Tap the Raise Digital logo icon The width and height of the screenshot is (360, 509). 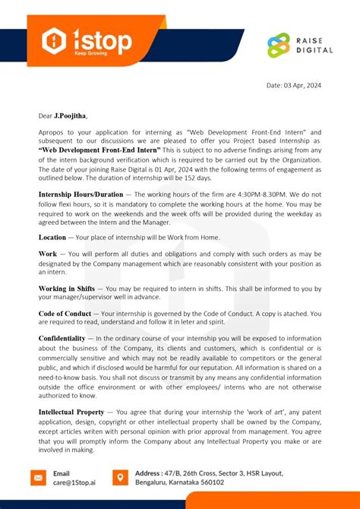click(x=279, y=46)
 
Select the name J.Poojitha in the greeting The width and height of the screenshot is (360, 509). click(x=70, y=115)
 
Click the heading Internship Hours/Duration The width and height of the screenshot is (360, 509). click(x=81, y=194)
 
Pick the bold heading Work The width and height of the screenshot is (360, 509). click(x=47, y=252)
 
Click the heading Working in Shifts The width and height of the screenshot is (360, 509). click(x=66, y=289)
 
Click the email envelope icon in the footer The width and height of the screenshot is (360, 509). click(x=38, y=477)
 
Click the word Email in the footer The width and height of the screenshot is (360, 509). click(x=62, y=472)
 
